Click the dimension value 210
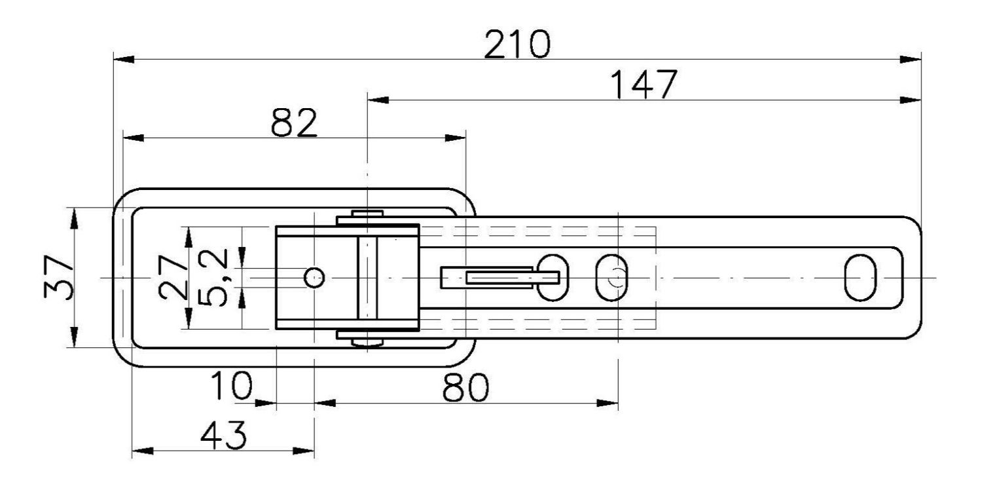[x=517, y=45]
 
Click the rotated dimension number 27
[x=172, y=278]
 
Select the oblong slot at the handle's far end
[x=860, y=278]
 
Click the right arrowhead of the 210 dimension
[x=911, y=60]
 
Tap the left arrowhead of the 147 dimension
[x=378, y=100]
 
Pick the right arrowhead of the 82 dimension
[x=456, y=138]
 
